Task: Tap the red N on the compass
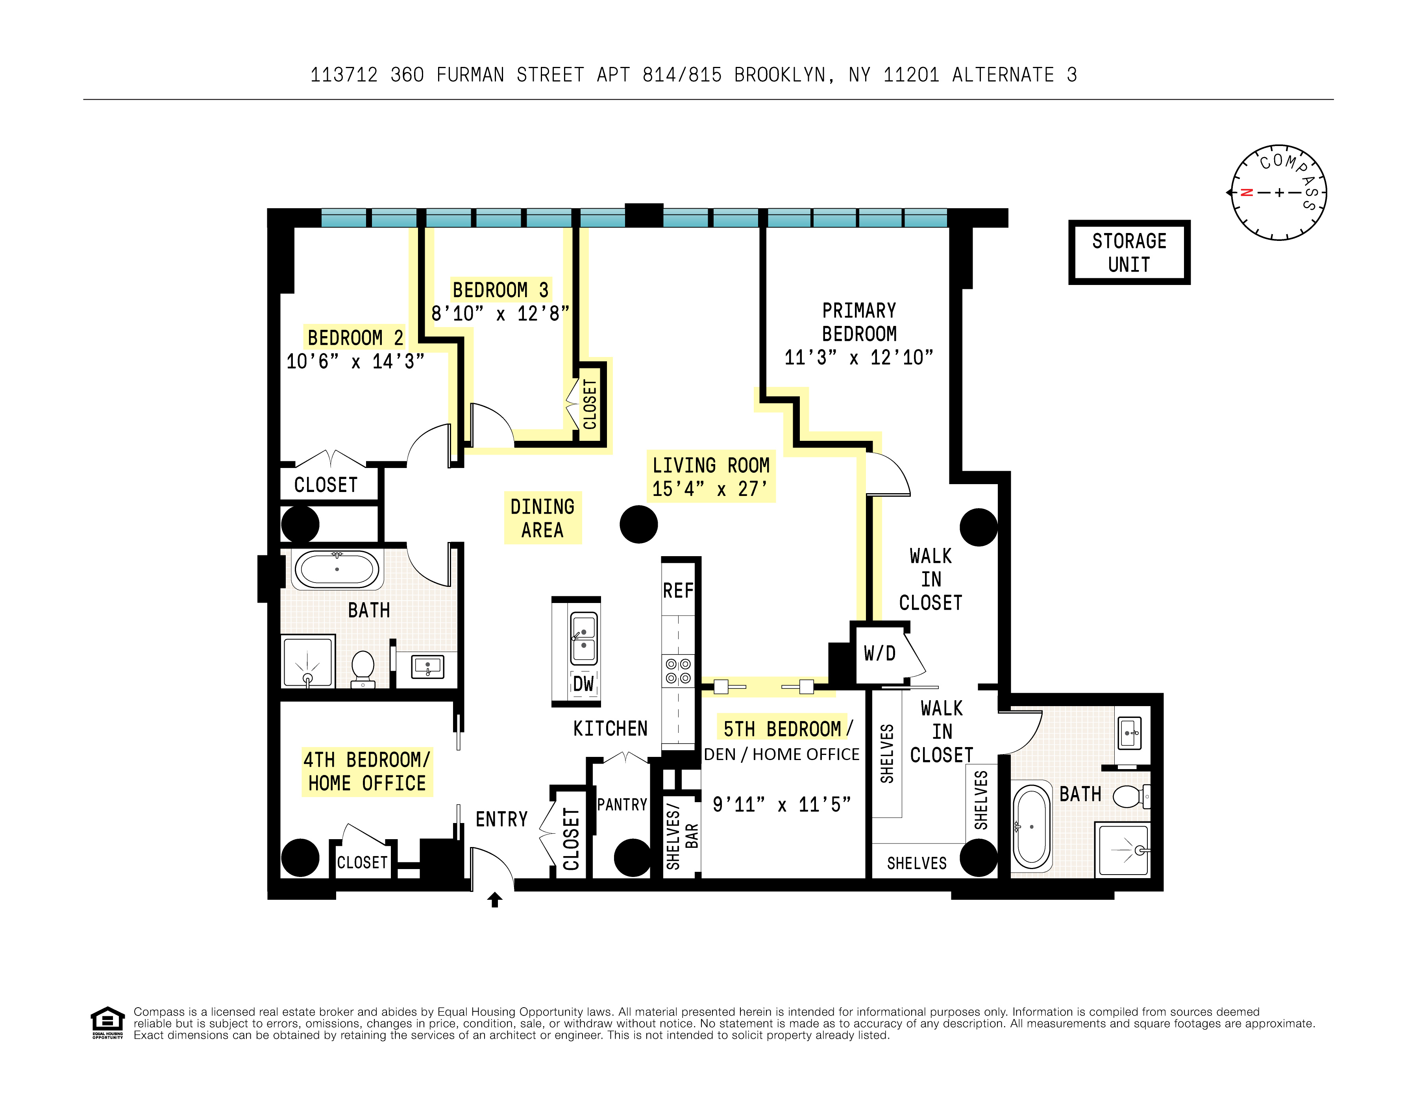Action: (1246, 192)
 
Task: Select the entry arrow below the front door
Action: (494, 900)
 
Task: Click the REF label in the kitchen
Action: (678, 590)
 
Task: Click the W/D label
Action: (879, 653)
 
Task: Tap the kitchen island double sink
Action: (583, 638)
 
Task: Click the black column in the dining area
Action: (638, 524)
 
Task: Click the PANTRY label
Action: (622, 805)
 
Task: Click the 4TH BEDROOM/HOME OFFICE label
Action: (366, 771)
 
